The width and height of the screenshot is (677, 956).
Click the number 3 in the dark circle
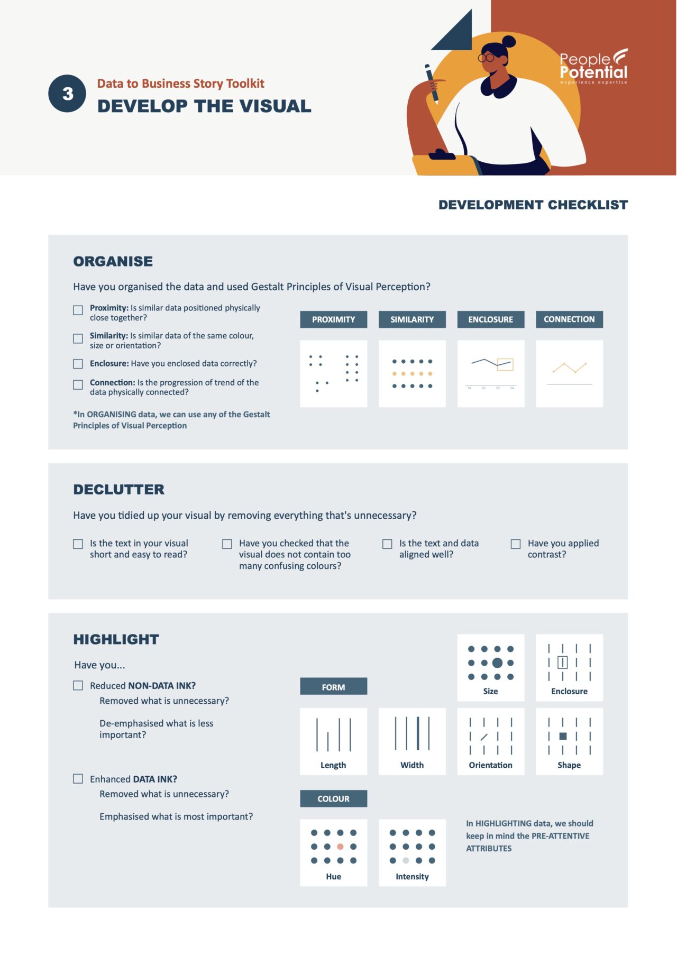click(67, 94)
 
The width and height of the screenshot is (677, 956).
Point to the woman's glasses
click(487, 57)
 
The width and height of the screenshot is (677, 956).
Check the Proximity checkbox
click(78, 310)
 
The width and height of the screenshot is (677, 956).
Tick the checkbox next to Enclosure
click(78, 364)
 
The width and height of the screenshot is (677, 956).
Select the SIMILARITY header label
click(412, 319)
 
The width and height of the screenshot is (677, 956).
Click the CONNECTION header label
click(569, 319)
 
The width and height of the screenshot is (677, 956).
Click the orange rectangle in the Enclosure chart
click(505, 364)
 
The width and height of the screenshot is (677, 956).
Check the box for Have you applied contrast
click(516, 544)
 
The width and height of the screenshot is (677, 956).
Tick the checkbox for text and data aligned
click(388, 544)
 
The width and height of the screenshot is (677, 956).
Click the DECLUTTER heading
click(118, 490)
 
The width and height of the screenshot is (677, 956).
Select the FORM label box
click(333, 686)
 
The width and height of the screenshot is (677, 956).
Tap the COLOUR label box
click(333, 798)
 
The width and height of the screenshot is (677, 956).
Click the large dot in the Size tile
click(497, 663)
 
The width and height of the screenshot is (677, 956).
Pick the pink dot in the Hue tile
click(340, 847)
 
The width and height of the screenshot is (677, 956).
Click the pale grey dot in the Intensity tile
click(406, 860)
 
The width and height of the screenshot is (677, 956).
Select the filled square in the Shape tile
click(563, 736)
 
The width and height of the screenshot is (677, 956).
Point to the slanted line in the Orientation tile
click(484, 737)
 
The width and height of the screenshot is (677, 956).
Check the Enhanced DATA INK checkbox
click(78, 779)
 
